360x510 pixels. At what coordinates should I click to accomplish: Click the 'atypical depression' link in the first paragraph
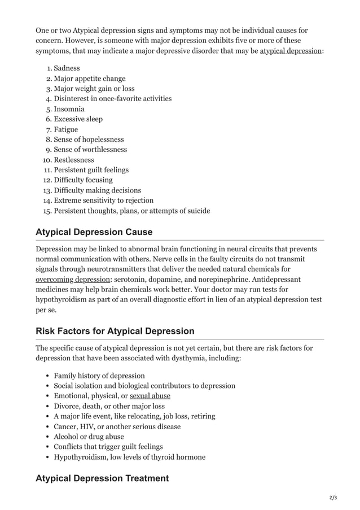click(x=290, y=51)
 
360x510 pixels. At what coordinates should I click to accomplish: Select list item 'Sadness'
click(x=67, y=68)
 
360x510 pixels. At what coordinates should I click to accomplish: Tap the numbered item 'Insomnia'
click(x=69, y=109)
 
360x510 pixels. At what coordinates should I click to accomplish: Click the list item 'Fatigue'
click(x=66, y=129)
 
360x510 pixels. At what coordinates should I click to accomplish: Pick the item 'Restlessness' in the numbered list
click(x=74, y=160)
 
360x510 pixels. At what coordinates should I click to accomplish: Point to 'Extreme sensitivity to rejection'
click(x=103, y=200)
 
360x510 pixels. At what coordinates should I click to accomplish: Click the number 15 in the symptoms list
click(x=47, y=211)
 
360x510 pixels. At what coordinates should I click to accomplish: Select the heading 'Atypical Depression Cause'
click(x=94, y=232)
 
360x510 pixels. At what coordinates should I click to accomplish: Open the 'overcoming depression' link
click(x=72, y=280)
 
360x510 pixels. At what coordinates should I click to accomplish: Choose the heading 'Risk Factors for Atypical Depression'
click(x=115, y=331)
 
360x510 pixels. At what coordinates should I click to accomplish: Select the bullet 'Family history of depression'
click(x=99, y=376)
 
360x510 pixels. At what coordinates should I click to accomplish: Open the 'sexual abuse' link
click(x=150, y=396)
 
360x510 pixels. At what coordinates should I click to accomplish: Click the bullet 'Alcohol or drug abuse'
click(x=89, y=437)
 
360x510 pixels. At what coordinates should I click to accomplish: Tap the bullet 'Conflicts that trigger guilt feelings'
click(x=108, y=447)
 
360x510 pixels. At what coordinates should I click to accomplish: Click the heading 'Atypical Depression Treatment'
click(x=102, y=478)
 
